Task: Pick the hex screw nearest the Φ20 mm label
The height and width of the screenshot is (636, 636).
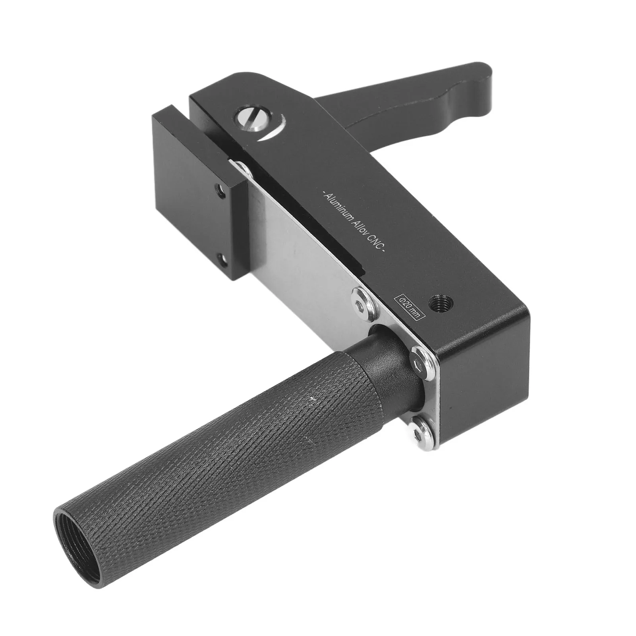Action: click(361, 298)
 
